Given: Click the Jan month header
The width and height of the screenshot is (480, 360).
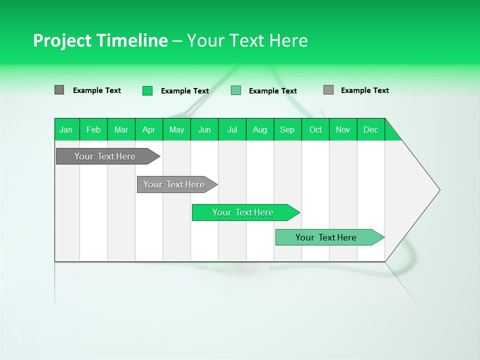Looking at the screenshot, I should (x=66, y=129).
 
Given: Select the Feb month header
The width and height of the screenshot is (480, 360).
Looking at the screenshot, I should (x=93, y=129).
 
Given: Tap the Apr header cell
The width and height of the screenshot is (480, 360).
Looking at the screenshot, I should (x=149, y=129).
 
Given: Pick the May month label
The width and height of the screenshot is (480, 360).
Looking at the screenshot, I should (x=176, y=129).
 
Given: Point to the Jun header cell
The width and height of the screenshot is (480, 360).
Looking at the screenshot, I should (x=204, y=129).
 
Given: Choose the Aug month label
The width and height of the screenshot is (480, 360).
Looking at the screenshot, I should (x=260, y=129).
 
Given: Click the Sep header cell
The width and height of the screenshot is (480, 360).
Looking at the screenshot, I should (x=287, y=129).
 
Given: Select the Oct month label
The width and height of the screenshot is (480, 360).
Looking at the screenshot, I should (x=315, y=129).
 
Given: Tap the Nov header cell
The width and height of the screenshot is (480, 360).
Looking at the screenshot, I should (x=343, y=129).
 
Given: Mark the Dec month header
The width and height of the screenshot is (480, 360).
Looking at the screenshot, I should (x=371, y=129).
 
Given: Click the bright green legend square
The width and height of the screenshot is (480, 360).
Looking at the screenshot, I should (x=147, y=90).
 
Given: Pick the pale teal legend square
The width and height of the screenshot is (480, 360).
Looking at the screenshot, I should (x=236, y=90).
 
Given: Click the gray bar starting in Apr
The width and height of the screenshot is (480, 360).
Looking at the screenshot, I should (x=175, y=184).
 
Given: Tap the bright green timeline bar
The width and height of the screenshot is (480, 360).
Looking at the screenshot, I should (x=244, y=212).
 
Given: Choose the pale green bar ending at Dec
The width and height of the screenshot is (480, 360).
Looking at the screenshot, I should (x=327, y=237).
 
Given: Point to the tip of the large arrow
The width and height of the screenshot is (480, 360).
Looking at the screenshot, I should (x=438, y=190).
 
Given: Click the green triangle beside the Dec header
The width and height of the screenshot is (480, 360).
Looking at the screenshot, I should (x=390, y=134).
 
